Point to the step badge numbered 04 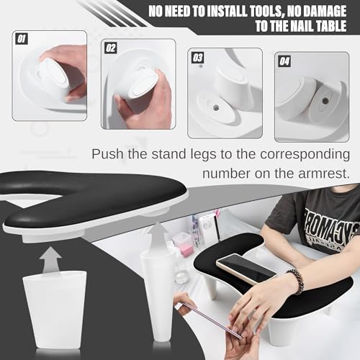point(284,61)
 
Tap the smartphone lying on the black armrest point(246,268)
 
